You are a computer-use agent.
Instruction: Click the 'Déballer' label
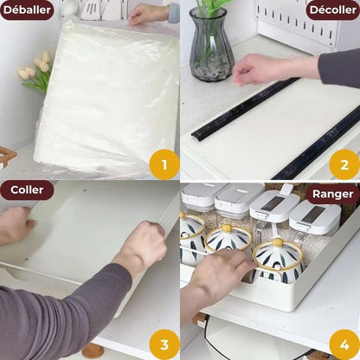coord(27,10)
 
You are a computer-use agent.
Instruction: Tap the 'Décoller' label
coord(332,10)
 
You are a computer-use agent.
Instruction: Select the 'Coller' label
coord(27,190)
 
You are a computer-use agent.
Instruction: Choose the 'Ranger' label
coord(332,194)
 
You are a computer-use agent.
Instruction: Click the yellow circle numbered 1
coord(163,163)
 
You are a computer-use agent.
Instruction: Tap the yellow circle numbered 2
coord(343,163)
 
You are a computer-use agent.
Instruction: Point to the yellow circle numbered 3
coord(163,342)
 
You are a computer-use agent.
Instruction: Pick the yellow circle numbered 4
coord(343,342)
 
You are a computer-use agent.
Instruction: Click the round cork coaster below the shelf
coord(93,351)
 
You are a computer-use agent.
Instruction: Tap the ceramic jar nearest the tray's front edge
coord(276,260)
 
